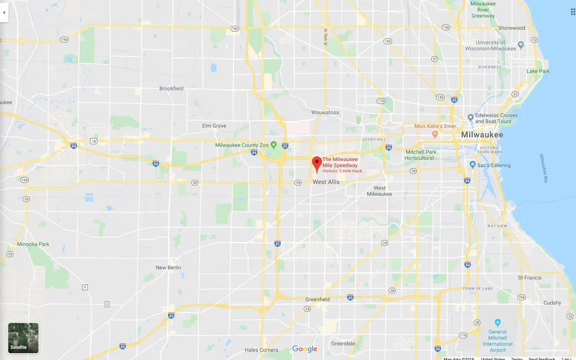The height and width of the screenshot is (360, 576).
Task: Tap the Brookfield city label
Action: (171, 88)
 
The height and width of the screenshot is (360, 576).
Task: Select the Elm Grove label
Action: (214, 126)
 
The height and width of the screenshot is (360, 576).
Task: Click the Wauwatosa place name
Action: (325, 112)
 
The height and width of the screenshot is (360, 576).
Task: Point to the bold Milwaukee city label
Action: (482, 135)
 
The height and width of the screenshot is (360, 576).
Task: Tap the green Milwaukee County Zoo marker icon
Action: (273, 144)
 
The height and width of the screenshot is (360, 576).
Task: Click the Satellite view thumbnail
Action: (23, 338)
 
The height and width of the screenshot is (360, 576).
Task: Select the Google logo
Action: (305, 349)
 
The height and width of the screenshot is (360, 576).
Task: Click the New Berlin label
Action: (168, 267)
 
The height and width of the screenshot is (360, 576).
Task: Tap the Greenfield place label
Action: (317, 299)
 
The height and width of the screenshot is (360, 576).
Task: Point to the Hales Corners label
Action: (261, 350)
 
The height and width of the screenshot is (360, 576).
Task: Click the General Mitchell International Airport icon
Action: (497, 322)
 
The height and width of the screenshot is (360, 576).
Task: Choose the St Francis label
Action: (529, 278)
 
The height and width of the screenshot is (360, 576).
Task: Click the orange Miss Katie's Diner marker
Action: (435, 134)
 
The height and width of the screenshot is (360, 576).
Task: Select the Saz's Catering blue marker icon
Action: (472, 165)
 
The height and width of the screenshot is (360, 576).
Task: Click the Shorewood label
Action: (511, 28)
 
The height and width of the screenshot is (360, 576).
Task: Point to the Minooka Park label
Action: (33, 244)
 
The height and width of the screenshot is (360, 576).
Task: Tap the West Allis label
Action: (326, 182)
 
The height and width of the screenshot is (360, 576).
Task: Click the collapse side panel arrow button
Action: (4, 12)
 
